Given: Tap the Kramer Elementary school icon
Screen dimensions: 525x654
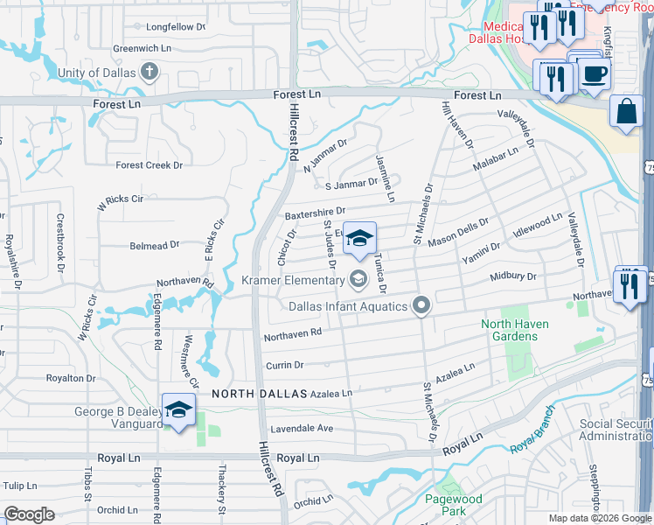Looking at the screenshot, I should tap(357, 280).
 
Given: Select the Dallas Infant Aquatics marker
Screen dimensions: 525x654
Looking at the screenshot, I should tap(421, 305).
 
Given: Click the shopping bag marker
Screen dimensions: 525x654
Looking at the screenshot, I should tap(626, 112).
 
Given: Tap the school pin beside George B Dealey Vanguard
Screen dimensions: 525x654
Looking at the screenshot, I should tap(178, 409).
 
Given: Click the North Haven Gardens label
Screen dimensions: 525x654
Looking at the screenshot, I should tap(515, 330).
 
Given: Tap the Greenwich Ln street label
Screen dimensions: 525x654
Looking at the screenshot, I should tap(141, 48).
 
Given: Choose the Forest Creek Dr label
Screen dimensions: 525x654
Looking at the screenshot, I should tap(150, 164).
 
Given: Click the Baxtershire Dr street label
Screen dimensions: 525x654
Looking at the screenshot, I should tap(315, 212).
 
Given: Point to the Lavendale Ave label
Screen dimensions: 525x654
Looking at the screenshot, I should tap(302, 428).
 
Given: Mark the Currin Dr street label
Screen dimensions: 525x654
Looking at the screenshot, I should tap(286, 365).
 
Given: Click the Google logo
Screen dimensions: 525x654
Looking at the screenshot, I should tap(29, 514).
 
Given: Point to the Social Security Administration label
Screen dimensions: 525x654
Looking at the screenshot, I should tap(616, 430).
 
